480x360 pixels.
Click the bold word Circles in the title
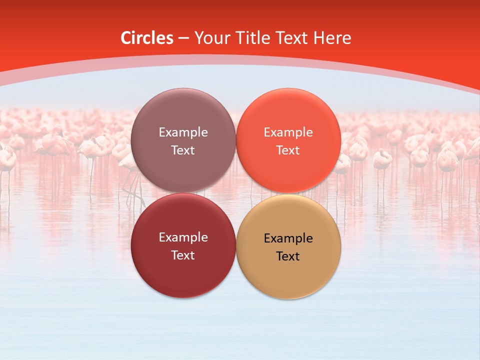click(x=146, y=38)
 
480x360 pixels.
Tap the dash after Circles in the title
click(x=183, y=38)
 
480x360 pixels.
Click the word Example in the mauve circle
click(x=183, y=132)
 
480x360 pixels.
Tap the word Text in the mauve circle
click(x=183, y=150)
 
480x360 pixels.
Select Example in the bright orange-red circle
click(x=288, y=132)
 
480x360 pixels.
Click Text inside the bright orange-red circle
click(x=288, y=150)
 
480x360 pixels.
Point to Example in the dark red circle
click(x=183, y=237)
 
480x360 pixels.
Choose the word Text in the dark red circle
click(x=183, y=255)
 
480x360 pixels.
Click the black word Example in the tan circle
click(x=288, y=238)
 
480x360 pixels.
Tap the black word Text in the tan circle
click(x=288, y=256)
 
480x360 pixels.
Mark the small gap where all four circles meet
click(x=236, y=193)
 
